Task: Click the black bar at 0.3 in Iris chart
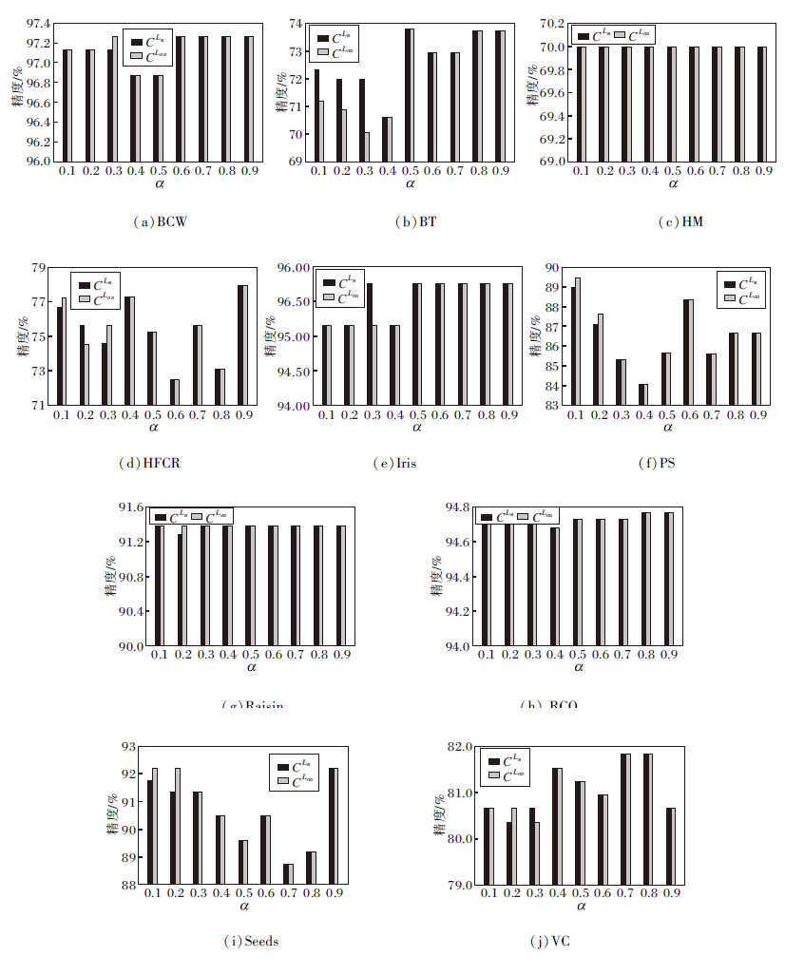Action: [x=370, y=343]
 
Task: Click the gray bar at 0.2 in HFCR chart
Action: [x=86, y=373]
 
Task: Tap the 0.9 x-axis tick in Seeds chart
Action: [x=335, y=894]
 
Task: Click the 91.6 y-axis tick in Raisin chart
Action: [x=129, y=507]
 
